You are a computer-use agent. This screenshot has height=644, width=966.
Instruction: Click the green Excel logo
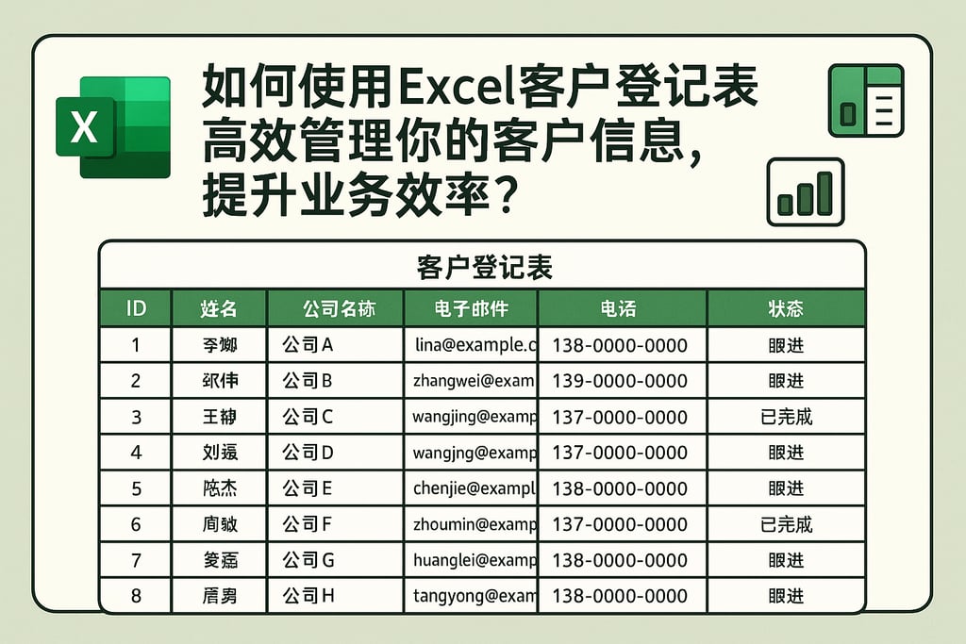tap(112, 126)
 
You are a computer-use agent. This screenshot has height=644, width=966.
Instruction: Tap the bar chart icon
tap(805, 191)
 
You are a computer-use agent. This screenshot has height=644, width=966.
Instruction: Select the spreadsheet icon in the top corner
tap(864, 101)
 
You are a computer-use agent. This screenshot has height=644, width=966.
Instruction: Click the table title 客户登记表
tap(483, 268)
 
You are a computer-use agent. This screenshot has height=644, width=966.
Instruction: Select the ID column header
tap(136, 308)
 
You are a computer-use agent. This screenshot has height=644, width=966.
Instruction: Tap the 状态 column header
tap(786, 308)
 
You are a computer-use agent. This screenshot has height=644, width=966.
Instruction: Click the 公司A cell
tap(308, 345)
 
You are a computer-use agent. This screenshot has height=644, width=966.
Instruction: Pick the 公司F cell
tap(308, 524)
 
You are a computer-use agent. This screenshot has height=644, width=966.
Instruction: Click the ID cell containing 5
tap(136, 488)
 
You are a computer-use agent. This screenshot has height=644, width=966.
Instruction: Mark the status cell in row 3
tap(786, 417)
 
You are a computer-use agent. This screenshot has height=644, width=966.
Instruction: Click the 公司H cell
tap(308, 596)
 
